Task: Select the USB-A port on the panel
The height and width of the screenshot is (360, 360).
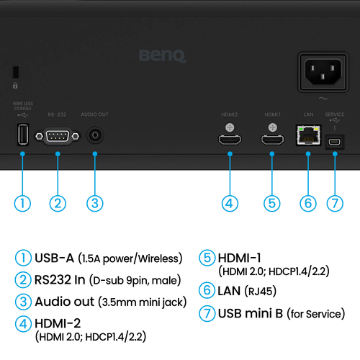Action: point(22,135)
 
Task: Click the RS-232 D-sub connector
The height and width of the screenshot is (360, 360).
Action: point(58,136)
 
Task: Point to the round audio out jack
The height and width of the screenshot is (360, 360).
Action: point(95,135)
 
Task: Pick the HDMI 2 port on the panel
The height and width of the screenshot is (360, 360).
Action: point(230,140)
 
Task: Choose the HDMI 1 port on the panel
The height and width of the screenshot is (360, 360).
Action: point(271,140)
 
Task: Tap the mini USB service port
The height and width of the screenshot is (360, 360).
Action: point(335,140)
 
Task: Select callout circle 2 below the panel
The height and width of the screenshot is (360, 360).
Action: point(58,203)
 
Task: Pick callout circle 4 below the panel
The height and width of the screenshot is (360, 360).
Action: point(230,203)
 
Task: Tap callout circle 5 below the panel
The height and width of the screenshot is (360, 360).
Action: point(271,203)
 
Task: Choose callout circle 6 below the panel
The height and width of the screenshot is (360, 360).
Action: point(308,203)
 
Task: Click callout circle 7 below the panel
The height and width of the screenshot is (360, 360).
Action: point(335,203)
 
